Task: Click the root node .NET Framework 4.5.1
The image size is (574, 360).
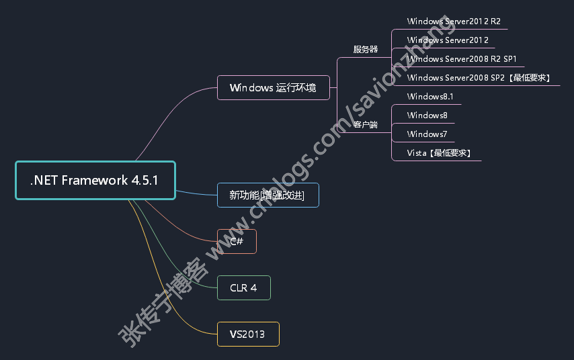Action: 95,180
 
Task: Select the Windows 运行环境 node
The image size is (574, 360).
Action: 274,88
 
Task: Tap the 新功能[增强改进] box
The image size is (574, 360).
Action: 268,195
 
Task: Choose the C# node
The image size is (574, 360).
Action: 237,241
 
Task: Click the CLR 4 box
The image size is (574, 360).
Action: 243,288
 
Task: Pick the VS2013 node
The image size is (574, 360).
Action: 248,334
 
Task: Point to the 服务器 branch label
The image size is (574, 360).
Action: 365,50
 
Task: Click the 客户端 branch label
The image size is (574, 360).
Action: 365,125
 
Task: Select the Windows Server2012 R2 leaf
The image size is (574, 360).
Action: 454,21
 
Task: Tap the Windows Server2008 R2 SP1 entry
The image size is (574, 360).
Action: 461,59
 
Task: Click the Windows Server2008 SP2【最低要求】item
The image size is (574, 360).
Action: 480,78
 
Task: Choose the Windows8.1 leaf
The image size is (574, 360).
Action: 430,97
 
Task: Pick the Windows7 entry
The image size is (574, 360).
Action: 427,134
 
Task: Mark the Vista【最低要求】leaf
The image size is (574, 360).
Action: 439,153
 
